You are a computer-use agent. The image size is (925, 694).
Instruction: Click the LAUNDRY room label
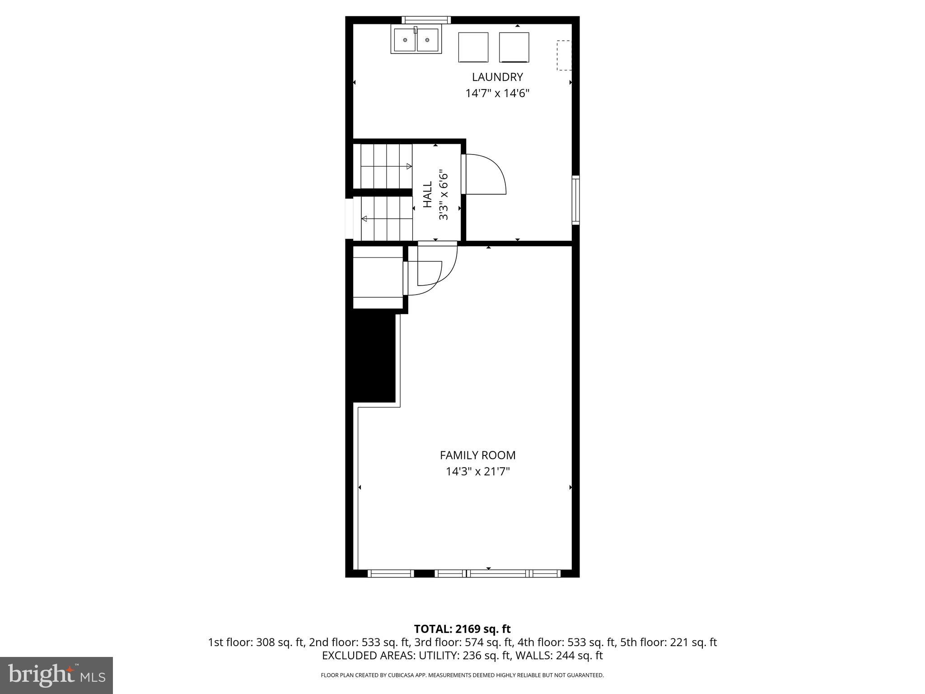click(x=497, y=77)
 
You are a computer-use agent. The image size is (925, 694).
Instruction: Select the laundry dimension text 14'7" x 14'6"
click(x=497, y=94)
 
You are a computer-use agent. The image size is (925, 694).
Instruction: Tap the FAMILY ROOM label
click(x=477, y=455)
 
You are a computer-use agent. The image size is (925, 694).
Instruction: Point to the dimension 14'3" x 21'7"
click(x=477, y=472)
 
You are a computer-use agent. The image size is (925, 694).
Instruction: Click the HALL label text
click(x=427, y=195)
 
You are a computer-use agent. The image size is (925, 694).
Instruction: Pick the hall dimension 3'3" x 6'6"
click(x=444, y=195)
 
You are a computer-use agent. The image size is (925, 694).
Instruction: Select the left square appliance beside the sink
click(x=473, y=47)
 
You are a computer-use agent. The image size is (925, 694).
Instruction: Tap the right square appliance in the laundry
click(x=514, y=47)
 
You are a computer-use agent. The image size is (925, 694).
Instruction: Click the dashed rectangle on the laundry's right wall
click(x=564, y=55)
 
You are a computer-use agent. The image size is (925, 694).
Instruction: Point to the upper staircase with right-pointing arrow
click(x=387, y=166)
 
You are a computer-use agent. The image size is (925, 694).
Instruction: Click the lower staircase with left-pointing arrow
click(x=387, y=219)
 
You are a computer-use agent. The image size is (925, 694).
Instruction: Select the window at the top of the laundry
click(x=426, y=20)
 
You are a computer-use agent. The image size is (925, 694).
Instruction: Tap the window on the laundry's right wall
click(x=575, y=200)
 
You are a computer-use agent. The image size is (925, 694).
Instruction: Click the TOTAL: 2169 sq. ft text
click(x=462, y=629)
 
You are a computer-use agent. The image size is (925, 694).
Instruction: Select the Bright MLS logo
click(x=56, y=675)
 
